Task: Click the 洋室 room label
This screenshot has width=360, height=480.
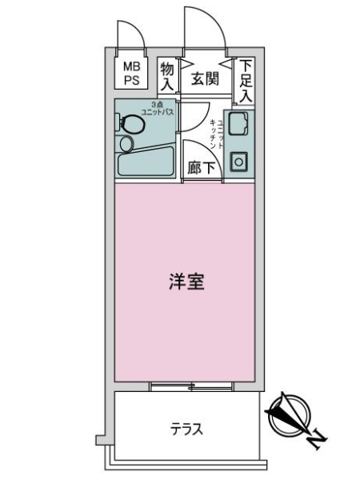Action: click(186, 282)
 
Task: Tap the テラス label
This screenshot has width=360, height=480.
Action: click(186, 429)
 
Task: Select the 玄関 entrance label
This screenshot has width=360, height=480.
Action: click(205, 79)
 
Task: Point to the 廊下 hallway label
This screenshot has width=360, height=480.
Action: click(201, 168)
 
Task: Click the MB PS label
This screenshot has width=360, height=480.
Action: click(131, 74)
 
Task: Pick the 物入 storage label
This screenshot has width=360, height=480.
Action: click(167, 77)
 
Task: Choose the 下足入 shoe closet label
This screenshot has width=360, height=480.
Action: click(246, 81)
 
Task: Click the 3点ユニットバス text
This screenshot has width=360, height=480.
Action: click(157, 108)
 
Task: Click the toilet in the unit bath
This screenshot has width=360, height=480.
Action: click(130, 124)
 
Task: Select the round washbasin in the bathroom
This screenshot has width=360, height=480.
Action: click(126, 144)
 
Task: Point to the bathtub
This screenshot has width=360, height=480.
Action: click(146, 162)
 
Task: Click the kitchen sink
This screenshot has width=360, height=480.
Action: click(238, 123)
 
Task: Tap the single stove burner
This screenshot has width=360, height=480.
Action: click(238, 162)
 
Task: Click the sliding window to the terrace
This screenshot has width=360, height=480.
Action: click(191, 387)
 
